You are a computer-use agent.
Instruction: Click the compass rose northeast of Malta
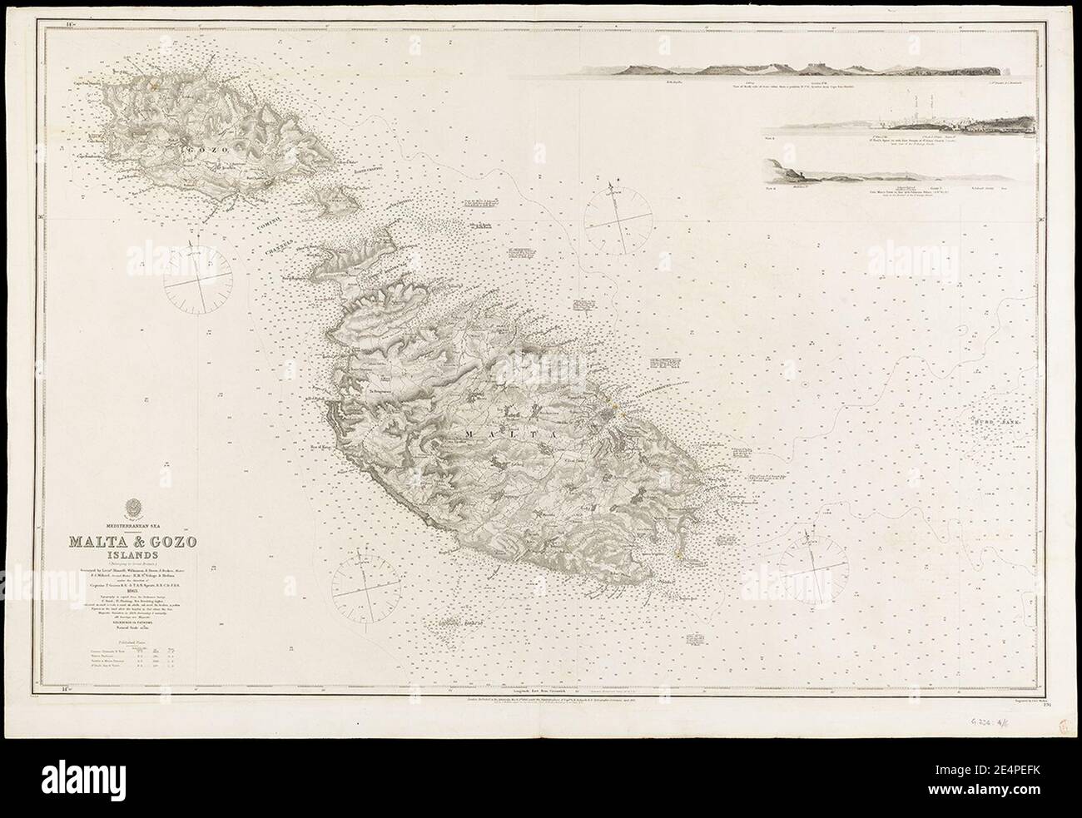click(x=618, y=216)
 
